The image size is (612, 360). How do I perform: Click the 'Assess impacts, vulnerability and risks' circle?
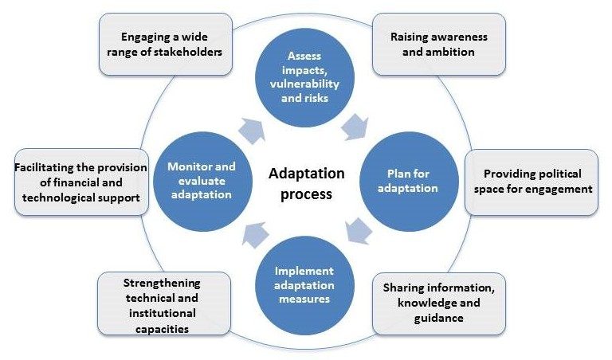coord(307,72)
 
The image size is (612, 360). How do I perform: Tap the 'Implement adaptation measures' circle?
coord(307,287)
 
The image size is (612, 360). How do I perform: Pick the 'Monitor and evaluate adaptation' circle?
coord(202,182)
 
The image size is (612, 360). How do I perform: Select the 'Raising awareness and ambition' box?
coord(438,45)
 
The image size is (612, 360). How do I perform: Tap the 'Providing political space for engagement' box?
coord(532,182)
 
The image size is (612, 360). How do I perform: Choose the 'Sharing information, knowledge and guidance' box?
coord(438,302)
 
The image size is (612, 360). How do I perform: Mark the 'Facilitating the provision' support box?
coord(82,182)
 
